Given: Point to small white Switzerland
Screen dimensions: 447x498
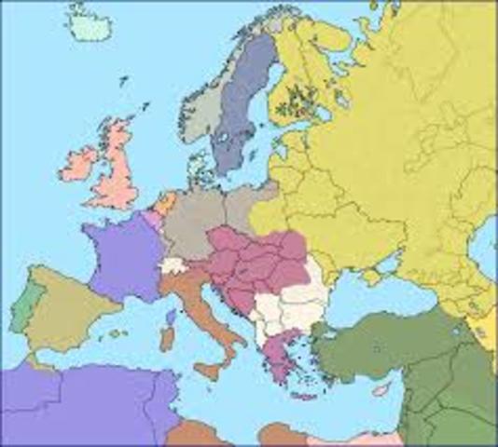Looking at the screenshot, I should click(x=173, y=266).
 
